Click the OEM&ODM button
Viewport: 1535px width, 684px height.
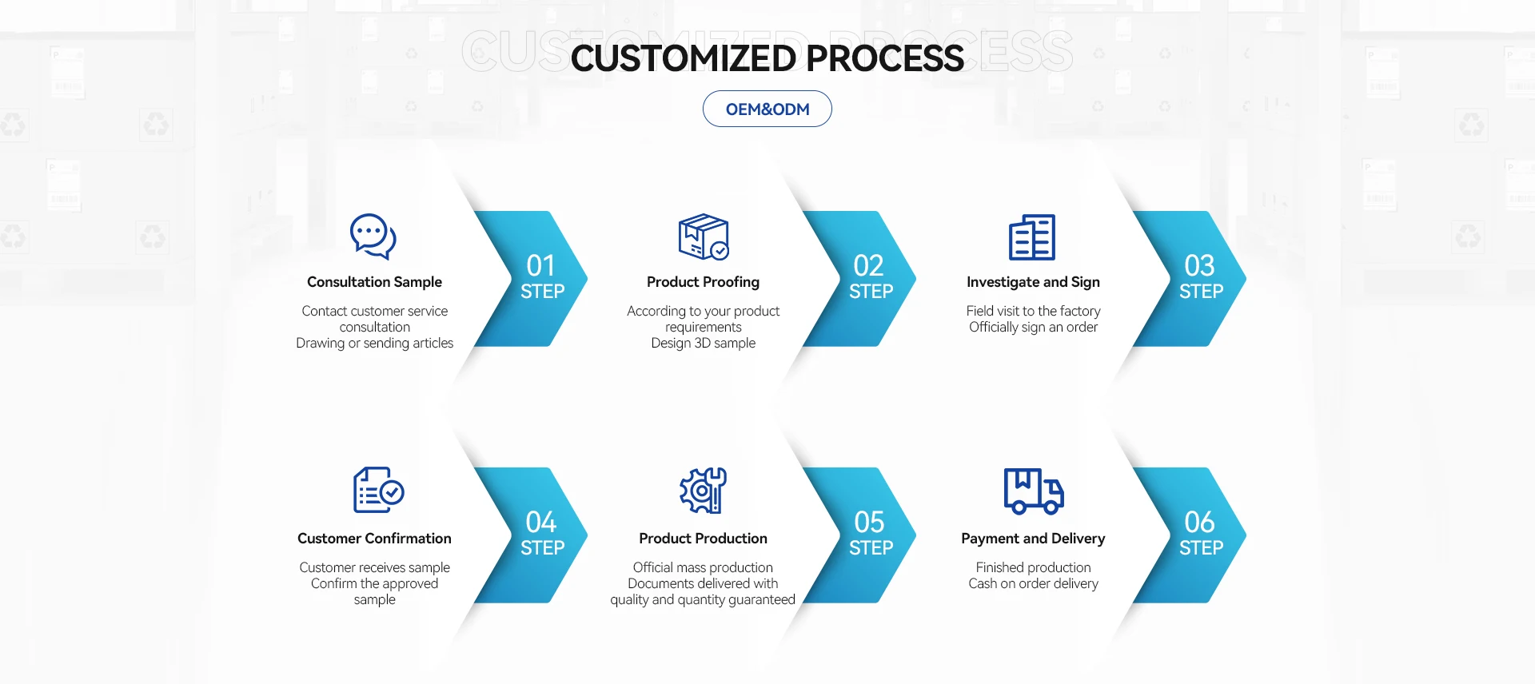[767, 109]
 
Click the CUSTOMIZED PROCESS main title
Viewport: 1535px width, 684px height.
[767, 58]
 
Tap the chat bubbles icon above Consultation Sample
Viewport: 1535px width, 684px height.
[373, 237]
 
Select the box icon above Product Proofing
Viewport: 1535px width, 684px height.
[703, 237]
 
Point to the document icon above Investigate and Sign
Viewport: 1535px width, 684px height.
[1032, 237]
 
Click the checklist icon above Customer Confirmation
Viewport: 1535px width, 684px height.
[378, 490]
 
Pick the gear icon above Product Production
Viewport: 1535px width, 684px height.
[703, 490]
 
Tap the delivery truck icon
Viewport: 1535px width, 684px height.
[1033, 491]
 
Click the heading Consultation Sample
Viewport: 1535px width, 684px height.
[374, 282]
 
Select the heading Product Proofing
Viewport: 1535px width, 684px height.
[703, 282]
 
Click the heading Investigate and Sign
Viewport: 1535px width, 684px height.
[1033, 282]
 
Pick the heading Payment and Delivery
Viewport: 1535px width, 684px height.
[1033, 539]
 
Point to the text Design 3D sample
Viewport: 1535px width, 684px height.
[703, 343]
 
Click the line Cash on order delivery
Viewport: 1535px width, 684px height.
[1033, 583]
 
